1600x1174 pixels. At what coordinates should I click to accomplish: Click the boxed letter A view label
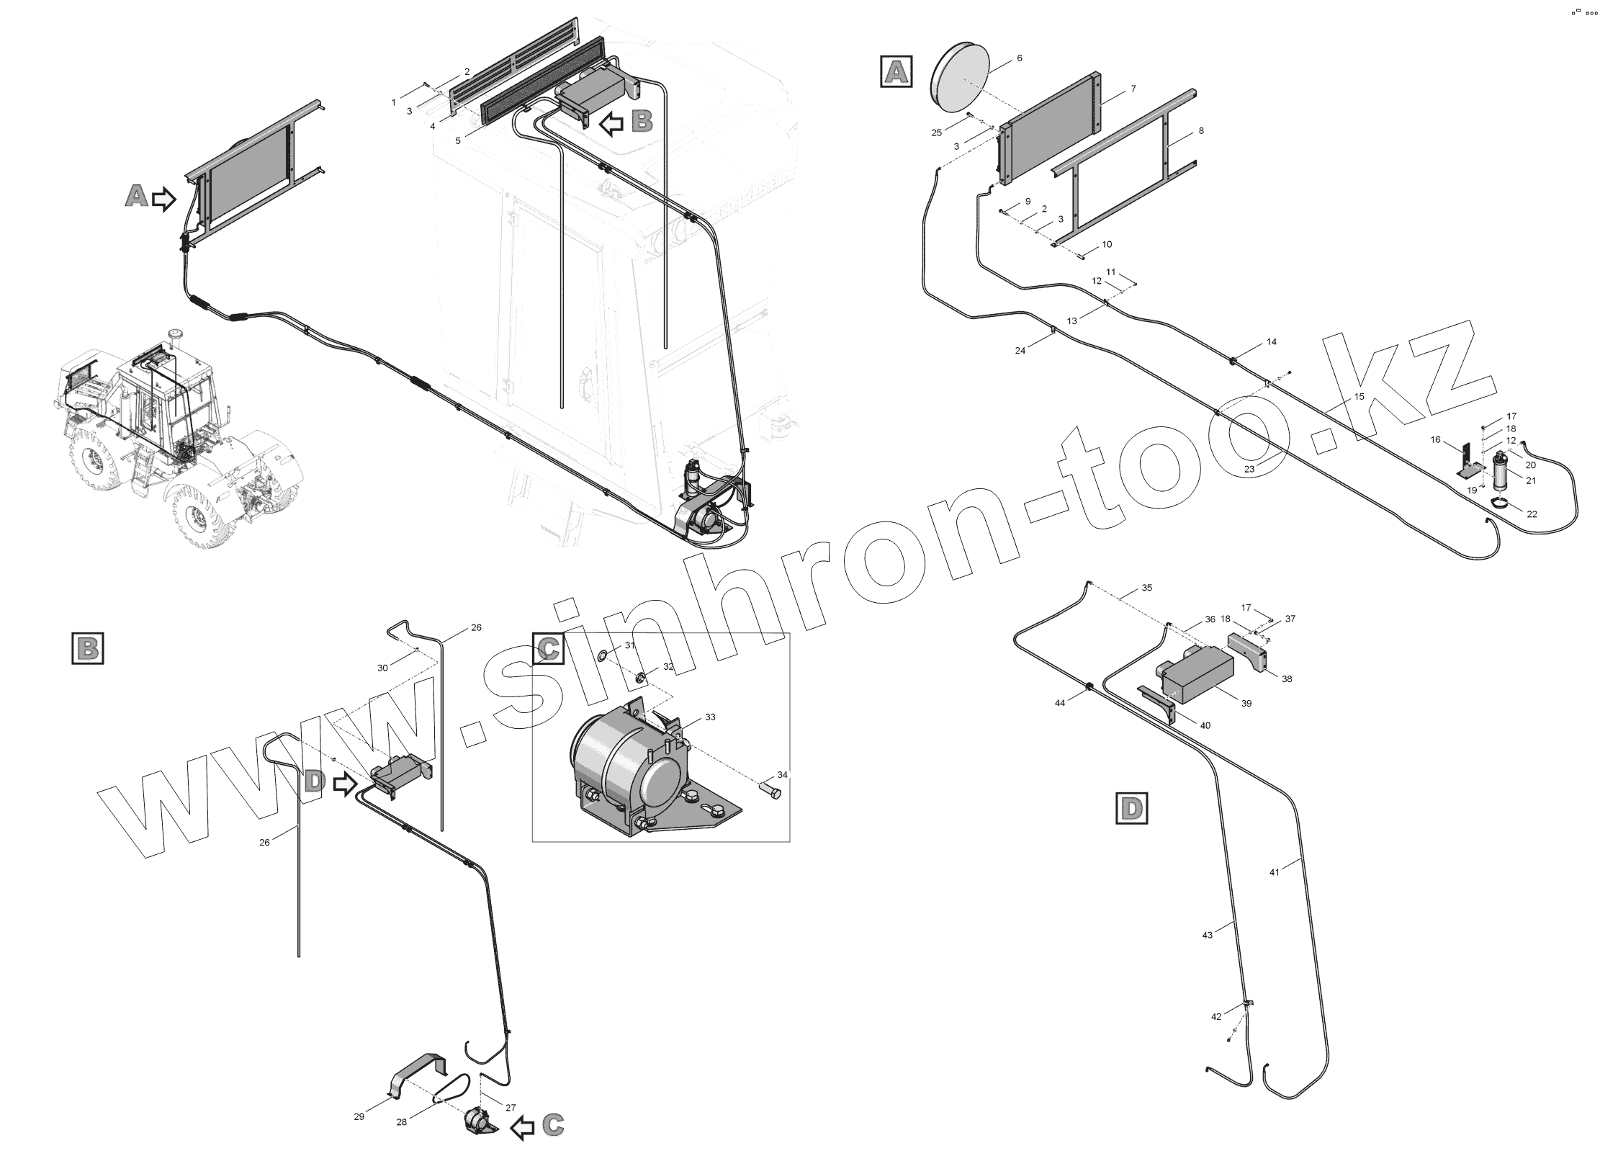tap(896, 72)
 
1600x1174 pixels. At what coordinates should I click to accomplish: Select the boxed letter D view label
tap(1131, 808)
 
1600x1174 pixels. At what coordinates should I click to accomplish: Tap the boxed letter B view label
tap(88, 648)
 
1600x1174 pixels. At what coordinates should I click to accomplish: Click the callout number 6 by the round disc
tap(1019, 58)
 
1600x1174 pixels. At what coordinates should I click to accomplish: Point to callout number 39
tap(1246, 703)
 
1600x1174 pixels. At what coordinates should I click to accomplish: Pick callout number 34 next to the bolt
tap(782, 775)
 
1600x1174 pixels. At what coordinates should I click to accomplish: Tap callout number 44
tap(1060, 702)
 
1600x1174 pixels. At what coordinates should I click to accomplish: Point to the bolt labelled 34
tap(771, 792)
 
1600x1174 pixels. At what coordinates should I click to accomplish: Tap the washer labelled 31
tap(601, 655)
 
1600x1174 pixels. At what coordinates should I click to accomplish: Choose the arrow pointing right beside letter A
tap(164, 198)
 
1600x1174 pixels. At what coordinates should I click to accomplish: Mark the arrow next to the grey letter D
tap(345, 784)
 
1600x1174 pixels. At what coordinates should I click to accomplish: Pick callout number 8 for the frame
tap(1201, 131)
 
